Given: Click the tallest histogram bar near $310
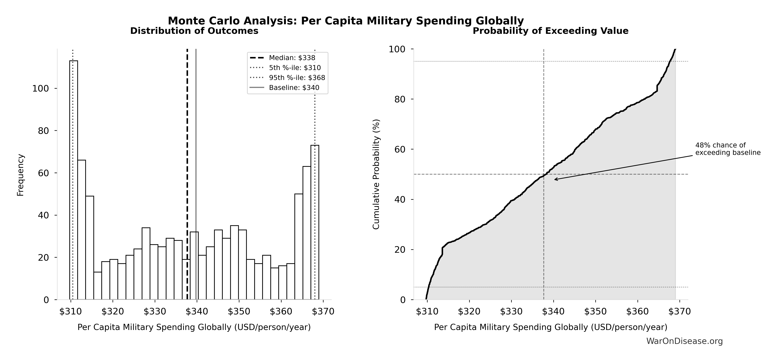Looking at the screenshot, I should pyautogui.click(x=74, y=181).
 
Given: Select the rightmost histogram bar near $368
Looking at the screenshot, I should pyautogui.click(x=315, y=223).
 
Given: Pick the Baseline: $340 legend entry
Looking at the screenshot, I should pyautogui.click(x=294, y=88).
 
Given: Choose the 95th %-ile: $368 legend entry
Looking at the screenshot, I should pyautogui.click(x=297, y=78).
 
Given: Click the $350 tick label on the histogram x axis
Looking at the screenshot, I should pyautogui.click(x=239, y=312).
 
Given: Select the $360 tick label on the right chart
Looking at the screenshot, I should pyautogui.click(x=637, y=312).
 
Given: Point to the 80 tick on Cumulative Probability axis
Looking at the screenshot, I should pyautogui.click(x=400, y=99).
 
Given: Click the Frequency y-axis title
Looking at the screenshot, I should pyautogui.click(x=20, y=175).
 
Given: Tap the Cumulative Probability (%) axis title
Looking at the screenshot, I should pyautogui.click(x=376, y=174).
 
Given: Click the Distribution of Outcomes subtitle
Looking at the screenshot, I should pyautogui.click(x=194, y=31).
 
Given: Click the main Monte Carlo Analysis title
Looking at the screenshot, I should pyautogui.click(x=346, y=21).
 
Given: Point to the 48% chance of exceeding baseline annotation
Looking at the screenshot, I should pyautogui.click(x=728, y=149).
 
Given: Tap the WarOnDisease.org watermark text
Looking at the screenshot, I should pyautogui.click(x=684, y=341).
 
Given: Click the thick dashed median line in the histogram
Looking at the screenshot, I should pyautogui.click(x=187, y=151).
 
